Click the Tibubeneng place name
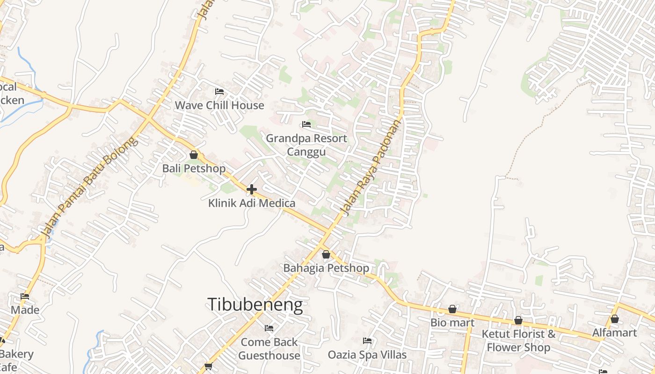click(x=255, y=305)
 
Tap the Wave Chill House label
click(x=219, y=105)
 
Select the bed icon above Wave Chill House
click(x=219, y=91)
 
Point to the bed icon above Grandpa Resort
click(x=306, y=124)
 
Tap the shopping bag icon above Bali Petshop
click(x=194, y=155)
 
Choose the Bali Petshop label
click(x=194, y=168)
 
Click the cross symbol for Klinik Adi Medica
click(x=252, y=189)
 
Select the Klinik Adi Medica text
click(x=252, y=203)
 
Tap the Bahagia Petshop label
click(x=326, y=268)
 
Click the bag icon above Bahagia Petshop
click(x=326, y=254)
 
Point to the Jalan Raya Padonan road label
click(x=373, y=167)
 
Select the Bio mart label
click(x=452, y=323)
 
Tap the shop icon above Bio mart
click(x=452, y=309)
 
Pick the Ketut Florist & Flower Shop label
click(x=518, y=341)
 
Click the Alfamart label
click(x=615, y=332)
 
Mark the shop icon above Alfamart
click(x=615, y=319)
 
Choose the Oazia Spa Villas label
click(x=367, y=355)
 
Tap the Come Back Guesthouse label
click(x=269, y=349)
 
